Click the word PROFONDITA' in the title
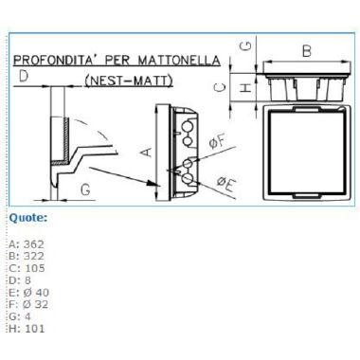point(57,60)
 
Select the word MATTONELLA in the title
point(179,60)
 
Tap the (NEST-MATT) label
point(129,81)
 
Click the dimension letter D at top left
point(24,76)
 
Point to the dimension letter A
point(146,152)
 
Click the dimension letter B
point(307,51)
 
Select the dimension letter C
point(220,87)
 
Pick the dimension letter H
point(245,87)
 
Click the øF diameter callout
point(217,141)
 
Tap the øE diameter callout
point(225,184)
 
